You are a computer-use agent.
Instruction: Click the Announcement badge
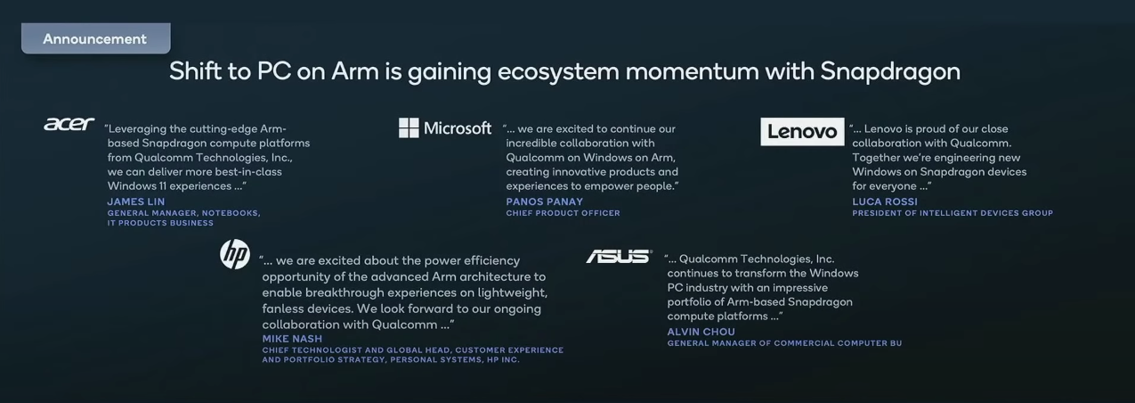tap(96, 38)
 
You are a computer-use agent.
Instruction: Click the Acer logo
tap(69, 124)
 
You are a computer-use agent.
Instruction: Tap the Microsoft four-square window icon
tap(409, 127)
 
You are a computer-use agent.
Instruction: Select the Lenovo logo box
tap(802, 131)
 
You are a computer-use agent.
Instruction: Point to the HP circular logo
tap(235, 254)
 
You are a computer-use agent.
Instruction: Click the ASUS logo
tap(619, 257)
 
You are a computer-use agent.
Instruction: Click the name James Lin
tap(136, 201)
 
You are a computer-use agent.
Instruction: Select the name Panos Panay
tap(544, 201)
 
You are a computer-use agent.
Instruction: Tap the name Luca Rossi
tap(885, 201)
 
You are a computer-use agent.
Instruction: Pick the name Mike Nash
tap(292, 339)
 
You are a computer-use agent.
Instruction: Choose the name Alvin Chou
tap(701, 332)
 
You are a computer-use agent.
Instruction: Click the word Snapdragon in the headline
tap(890, 71)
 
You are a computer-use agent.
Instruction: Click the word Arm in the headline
tap(354, 71)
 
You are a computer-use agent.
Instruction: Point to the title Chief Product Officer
tap(563, 213)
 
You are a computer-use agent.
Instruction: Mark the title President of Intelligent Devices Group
tap(953, 213)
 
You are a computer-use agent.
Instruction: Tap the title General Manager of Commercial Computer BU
tap(784, 343)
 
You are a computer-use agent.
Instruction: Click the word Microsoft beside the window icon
tap(458, 127)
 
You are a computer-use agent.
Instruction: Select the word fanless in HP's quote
tap(281, 308)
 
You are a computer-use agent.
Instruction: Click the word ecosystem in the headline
tap(558, 72)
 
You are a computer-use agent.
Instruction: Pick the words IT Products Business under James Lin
tap(160, 223)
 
